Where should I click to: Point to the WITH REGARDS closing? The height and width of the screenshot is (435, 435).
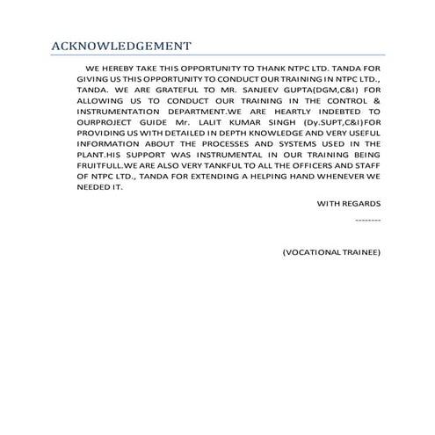click(x=349, y=203)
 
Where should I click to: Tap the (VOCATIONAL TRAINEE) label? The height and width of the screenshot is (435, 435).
click(x=331, y=252)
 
